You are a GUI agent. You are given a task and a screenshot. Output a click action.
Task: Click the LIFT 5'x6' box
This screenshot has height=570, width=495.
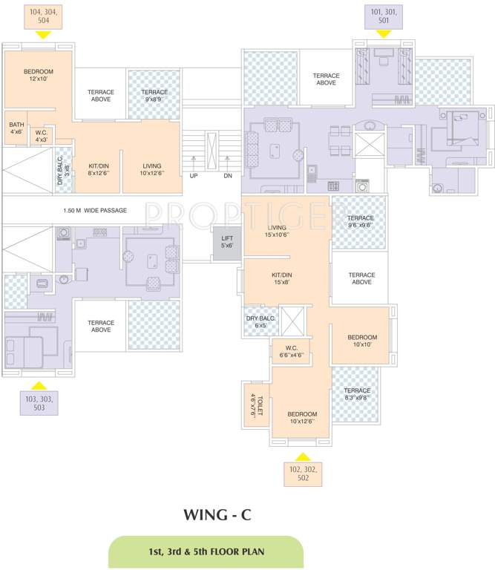pyautogui.click(x=227, y=242)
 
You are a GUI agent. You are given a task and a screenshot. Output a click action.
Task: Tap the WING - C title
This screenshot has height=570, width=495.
pyautogui.click(x=218, y=514)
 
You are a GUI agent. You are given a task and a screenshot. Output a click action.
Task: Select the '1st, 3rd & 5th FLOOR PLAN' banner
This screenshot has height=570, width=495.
pyautogui.click(x=206, y=553)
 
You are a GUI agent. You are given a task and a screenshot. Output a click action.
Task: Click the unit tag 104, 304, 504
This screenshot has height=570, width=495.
pyautogui.click(x=43, y=17)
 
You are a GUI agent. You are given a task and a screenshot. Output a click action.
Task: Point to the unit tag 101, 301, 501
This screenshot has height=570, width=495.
pyautogui.click(x=383, y=16)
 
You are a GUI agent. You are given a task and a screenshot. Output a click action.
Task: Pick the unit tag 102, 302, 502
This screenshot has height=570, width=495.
pyautogui.click(x=301, y=474)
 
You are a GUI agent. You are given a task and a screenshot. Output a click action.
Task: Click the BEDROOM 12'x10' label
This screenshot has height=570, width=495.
pyautogui.click(x=38, y=75)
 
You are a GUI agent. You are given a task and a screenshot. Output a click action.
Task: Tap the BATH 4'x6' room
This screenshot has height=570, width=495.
pyautogui.click(x=16, y=128)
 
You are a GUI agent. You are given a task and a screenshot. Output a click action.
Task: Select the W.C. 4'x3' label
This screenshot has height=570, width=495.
pyautogui.click(x=42, y=136)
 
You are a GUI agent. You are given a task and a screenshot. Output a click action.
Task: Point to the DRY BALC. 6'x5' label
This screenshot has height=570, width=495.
pyautogui.click(x=260, y=322)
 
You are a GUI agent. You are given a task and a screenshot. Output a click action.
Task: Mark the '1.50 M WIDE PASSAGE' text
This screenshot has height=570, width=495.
pyautogui.click(x=96, y=210)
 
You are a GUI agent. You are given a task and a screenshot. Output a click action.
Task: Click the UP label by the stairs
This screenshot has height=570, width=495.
pyautogui.click(x=194, y=176)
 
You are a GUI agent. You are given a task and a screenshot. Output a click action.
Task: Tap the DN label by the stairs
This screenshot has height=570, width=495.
pyautogui.click(x=228, y=176)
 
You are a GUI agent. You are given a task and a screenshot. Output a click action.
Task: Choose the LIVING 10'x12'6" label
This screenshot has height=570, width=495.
pyautogui.click(x=152, y=170)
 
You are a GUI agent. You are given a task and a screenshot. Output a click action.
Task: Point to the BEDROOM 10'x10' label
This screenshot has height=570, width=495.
pyautogui.click(x=362, y=341)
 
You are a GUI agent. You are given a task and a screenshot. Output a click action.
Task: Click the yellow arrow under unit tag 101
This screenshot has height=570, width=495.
pyautogui.click(x=383, y=34)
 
